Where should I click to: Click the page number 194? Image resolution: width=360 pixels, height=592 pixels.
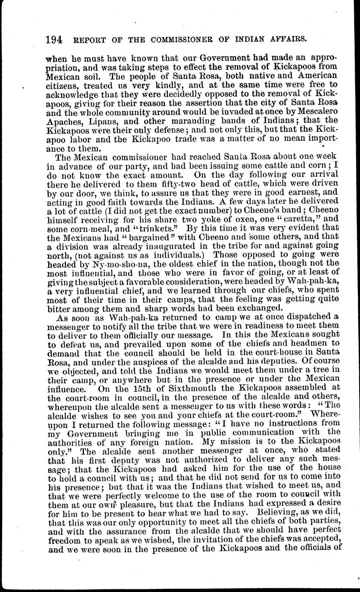[x=54, y=40]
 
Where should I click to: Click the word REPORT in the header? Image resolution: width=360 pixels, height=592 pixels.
[x=89, y=41]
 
